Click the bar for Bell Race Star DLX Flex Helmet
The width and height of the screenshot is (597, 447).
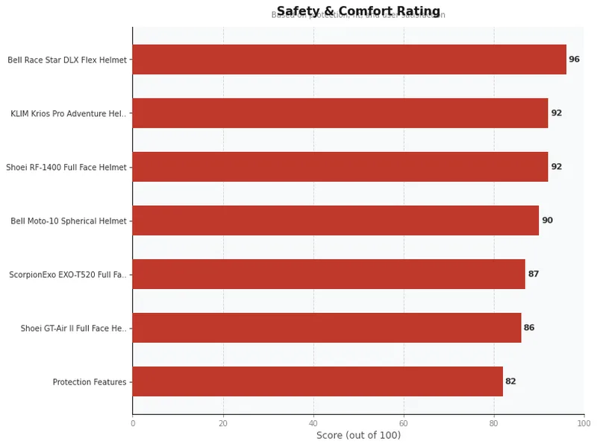tap(349, 60)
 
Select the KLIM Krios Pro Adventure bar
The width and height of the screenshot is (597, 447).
tap(340, 113)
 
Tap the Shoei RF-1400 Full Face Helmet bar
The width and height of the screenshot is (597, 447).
tap(340, 167)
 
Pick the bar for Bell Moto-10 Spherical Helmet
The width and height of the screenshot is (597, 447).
tap(336, 221)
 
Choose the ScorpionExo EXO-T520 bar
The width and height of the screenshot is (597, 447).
tap(329, 274)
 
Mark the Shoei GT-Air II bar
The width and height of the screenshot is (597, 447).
tap(327, 328)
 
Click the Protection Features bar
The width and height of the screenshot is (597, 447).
tap(318, 381)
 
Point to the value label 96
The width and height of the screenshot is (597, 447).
tap(574, 60)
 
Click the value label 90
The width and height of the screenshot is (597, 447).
tap(547, 221)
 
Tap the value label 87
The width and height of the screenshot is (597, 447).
tap(534, 274)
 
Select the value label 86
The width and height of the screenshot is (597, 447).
tap(529, 328)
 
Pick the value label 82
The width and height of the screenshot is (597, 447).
tap(510, 381)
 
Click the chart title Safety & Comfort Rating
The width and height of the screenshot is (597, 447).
tap(358, 11)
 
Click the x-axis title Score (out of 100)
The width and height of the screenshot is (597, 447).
tap(358, 435)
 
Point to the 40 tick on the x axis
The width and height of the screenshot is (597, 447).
tap(313, 423)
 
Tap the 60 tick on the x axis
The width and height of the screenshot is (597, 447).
tap(404, 423)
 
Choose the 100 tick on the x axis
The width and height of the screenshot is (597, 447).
tap(584, 423)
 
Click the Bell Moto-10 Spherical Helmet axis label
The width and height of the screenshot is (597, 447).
tap(69, 221)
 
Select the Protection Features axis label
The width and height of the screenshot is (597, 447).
tap(90, 382)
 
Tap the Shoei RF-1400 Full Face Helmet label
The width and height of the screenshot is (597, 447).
tap(66, 168)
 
